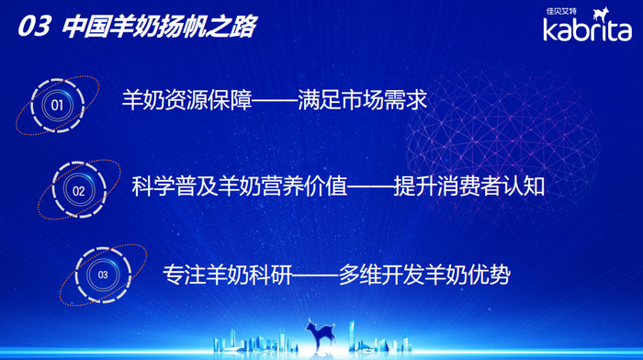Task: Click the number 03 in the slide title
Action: [x=32, y=27]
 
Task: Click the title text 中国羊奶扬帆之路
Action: [x=158, y=27]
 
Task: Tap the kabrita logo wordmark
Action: [x=585, y=32]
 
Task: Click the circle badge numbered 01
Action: [x=57, y=105]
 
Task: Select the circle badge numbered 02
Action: [x=78, y=191]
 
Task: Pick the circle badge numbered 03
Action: [x=102, y=274]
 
